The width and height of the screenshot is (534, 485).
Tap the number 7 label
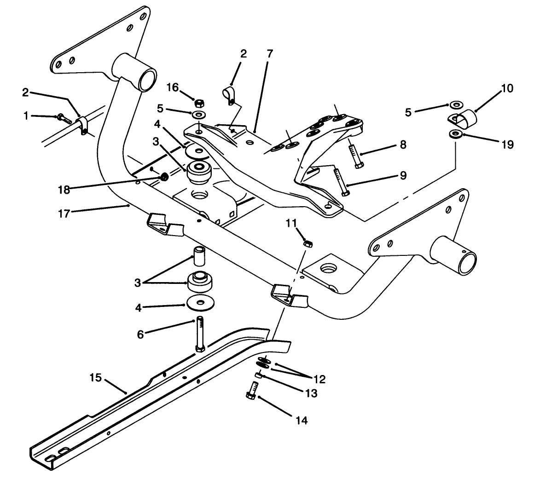(x=269, y=54)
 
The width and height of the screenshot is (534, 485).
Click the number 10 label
(x=506, y=88)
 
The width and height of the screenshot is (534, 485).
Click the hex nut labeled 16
(x=200, y=102)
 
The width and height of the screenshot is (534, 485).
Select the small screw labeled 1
(x=64, y=119)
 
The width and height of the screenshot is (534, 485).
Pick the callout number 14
(x=301, y=420)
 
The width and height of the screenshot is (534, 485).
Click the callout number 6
(x=140, y=335)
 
